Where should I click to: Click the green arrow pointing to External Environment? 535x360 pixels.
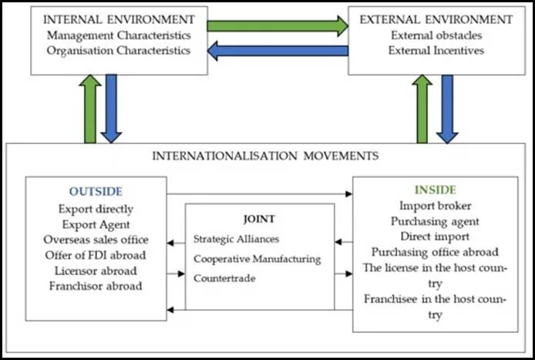point(278,26)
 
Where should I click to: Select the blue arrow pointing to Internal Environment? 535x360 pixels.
point(278,51)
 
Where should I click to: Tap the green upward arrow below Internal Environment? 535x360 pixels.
point(90,109)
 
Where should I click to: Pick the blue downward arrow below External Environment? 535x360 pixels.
point(447,109)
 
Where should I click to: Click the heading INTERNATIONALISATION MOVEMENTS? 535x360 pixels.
point(265,156)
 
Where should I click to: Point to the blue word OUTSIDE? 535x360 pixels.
point(96,191)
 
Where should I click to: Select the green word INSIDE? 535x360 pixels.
point(436,190)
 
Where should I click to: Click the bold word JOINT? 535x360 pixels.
point(259,219)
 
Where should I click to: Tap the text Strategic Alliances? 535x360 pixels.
point(236,239)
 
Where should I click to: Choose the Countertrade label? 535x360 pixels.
point(224,278)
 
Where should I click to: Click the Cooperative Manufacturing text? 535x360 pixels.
point(257,259)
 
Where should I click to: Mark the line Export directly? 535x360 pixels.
point(96,209)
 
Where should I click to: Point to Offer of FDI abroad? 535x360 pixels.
point(96,255)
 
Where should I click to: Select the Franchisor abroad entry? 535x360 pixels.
point(96,286)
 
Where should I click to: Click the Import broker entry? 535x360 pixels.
point(436,206)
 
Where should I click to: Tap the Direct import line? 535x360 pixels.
point(435,237)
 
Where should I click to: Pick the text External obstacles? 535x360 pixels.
point(436,35)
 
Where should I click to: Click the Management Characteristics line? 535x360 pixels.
point(119,35)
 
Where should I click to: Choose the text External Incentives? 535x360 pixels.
point(436,51)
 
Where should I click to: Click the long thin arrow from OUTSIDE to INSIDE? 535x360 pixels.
point(260,193)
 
